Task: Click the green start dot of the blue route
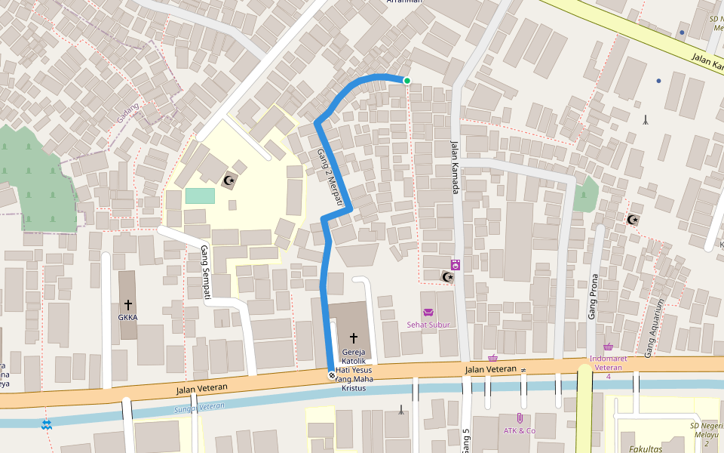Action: (407, 81)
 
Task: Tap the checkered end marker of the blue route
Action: (331, 375)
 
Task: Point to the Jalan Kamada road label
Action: (455, 168)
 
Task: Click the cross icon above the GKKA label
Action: (127, 304)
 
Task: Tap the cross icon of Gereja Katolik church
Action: (353, 337)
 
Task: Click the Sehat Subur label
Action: (428, 325)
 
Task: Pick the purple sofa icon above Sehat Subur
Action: (428, 313)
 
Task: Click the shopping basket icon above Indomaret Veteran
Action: (608, 347)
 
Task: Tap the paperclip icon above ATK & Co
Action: (520, 418)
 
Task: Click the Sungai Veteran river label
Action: (200, 408)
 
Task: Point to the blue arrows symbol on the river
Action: (48, 424)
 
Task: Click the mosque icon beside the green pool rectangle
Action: (229, 180)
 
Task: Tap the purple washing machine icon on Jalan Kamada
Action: (456, 264)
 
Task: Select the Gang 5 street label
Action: (466, 440)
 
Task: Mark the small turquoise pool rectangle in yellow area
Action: (200, 196)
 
